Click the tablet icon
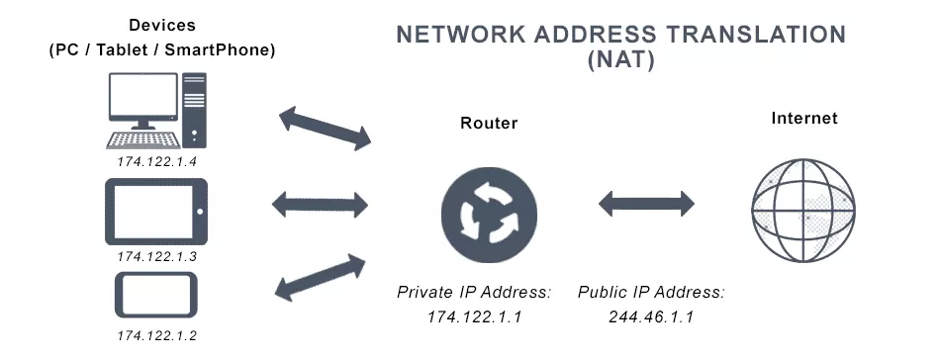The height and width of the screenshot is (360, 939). [155, 212]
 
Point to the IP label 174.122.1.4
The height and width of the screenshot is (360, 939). [157, 161]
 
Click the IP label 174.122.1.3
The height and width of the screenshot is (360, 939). [157, 256]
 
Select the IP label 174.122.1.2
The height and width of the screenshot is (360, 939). [157, 336]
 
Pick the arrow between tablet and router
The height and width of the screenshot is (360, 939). [320, 206]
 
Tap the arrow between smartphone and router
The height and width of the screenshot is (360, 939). [320, 276]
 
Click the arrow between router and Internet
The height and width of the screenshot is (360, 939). [647, 206]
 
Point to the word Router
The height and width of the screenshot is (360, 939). [489, 124]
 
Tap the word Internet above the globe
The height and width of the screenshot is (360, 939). [804, 119]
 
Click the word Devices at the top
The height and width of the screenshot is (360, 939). [160, 24]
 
